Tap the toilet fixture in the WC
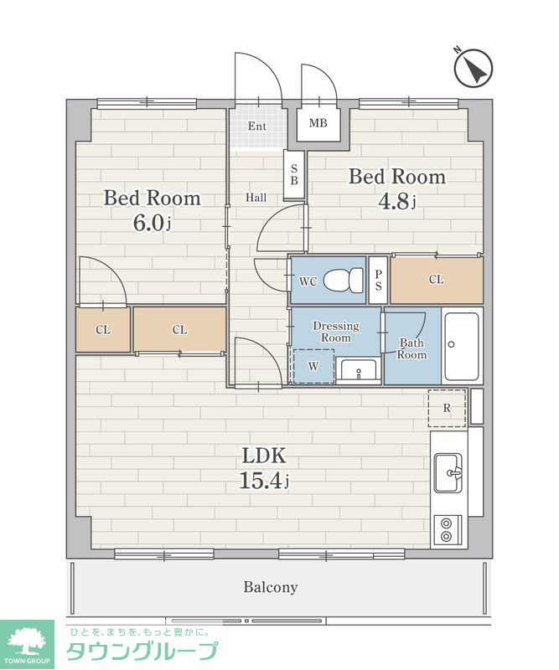[x=343, y=281]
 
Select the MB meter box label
[x=318, y=123]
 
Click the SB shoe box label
[x=294, y=174]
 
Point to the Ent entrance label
[x=257, y=126]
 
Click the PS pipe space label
[x=378, y=281]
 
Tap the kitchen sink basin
[x=448, y=473]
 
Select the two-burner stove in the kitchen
[x=448, y=530]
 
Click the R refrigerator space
[x=447, y=408]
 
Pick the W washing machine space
[x=313, y=366]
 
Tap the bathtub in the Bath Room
[x=462, y=347]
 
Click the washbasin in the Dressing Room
[x=358, y=369]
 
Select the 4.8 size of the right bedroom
[x=397, y=201]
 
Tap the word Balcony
[x=271, y=587]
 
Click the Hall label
[x=256, y=198]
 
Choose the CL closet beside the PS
[x=437, y=280]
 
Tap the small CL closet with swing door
[x=103, y=330]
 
